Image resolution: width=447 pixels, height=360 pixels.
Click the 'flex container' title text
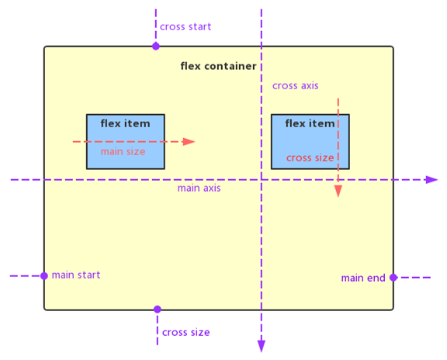218,66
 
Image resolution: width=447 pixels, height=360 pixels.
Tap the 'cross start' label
185,27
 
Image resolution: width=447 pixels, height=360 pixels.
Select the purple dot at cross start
156,47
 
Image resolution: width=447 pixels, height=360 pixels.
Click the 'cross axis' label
296,86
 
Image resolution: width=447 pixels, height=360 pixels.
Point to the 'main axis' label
199,188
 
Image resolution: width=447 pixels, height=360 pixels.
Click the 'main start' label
76,275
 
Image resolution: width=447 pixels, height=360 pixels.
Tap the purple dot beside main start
44,276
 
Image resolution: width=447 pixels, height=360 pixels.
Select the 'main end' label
363,278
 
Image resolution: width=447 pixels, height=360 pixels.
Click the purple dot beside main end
393,277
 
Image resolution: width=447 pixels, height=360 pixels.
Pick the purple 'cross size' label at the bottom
186,332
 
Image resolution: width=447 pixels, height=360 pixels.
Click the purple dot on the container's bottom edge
158,310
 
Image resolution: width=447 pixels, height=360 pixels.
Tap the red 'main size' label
123,151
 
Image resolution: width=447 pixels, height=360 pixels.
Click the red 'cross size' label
310,158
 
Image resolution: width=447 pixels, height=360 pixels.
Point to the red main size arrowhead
189,142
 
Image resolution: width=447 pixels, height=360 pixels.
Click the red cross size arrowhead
338,191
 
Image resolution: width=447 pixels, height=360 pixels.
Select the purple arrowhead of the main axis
431,180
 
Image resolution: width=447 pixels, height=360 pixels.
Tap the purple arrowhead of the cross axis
262,346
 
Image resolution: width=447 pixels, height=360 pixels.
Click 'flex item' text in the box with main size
125,123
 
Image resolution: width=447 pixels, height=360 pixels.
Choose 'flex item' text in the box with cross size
310,123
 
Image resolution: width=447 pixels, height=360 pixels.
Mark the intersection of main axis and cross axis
262,180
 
